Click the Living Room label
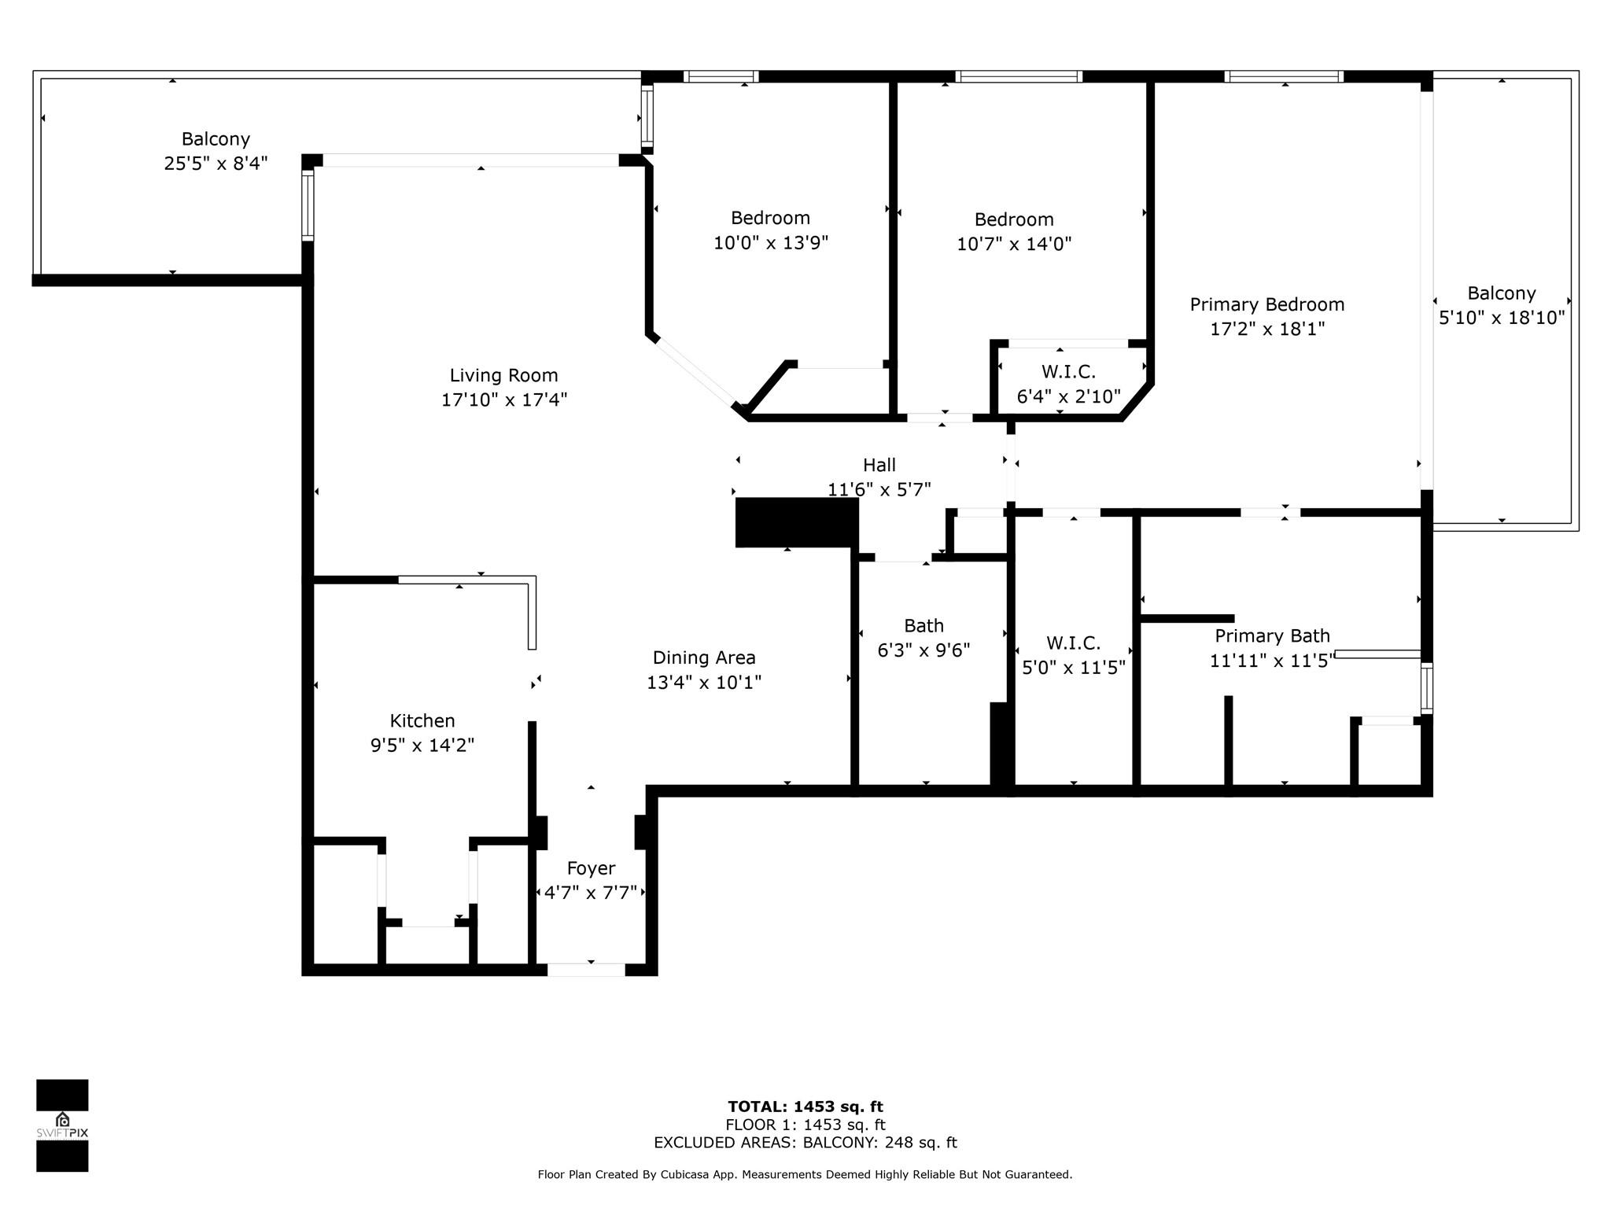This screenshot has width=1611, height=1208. tap(503, 375)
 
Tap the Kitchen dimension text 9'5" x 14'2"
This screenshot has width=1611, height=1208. tap(422, 745)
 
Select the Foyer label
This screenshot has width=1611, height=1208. tap(591, 868)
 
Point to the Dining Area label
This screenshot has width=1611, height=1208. tap(704, 657)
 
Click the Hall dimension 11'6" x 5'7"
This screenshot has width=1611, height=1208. tap(879, 489)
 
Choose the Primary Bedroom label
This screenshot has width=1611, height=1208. tap(1266, 304)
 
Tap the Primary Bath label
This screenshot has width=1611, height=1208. tap(1272, 635)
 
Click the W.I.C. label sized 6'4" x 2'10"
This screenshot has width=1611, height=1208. tap(1068, 371)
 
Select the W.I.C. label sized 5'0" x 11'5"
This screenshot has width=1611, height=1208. tap(1073, 643)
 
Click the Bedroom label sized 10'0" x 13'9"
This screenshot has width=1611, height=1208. tap(770, 218)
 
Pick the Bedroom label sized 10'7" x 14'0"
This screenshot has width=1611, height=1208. tap(1014, 219)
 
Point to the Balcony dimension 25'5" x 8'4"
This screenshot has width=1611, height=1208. tap(216, 164)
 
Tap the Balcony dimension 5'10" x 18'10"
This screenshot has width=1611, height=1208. tap(1502, 318)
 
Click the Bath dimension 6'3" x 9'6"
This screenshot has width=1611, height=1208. tap(923, 650)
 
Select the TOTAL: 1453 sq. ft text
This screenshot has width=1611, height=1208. tap(805, 1107)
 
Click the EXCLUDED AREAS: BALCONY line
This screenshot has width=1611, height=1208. tap(805, 1143)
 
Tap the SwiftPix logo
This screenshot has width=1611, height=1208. tap(62, 1125)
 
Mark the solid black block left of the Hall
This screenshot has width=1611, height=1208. tap(796, 522)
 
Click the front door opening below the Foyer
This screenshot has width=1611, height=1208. tap(586, 970)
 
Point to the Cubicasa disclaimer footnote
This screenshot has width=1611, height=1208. tap(805, 1174)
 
